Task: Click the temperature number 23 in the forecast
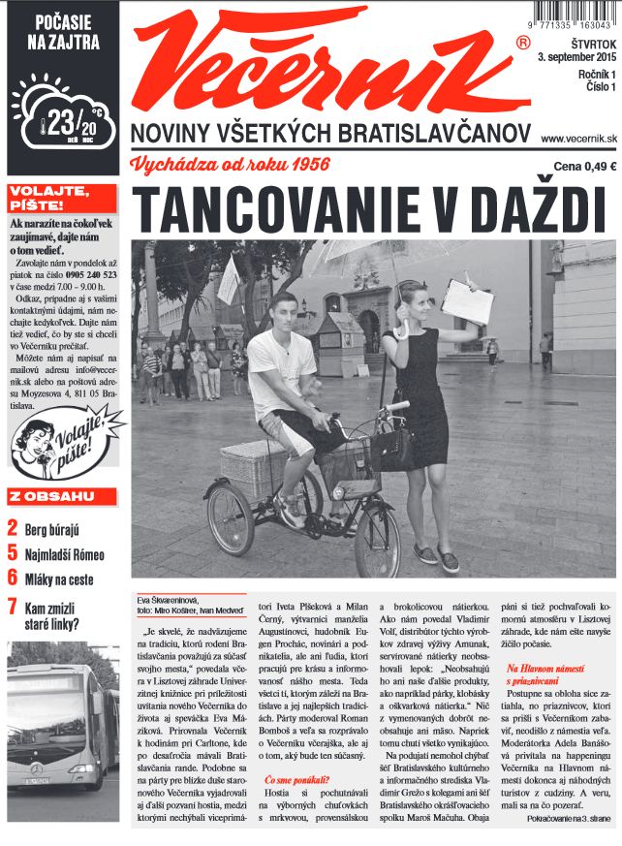63,123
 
